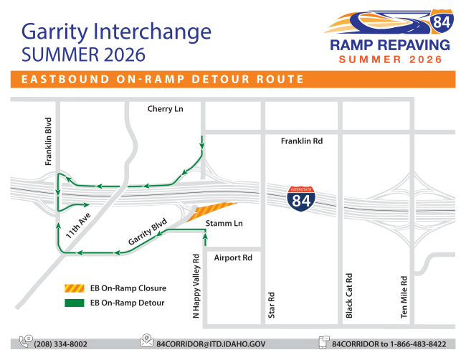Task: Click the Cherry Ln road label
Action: point(165,109)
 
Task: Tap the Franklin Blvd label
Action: point(48,141)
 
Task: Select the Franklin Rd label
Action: point(302,141)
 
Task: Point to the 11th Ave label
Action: point(78,226)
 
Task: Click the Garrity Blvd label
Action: point(148,232)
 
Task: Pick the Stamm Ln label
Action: point(224,223)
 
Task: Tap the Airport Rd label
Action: point(233,257)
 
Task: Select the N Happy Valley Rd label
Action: point(196,286)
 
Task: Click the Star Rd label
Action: point(271,305)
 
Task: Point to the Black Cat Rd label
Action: point(349,295)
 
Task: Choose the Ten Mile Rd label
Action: point(404,297)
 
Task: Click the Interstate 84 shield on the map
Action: point(301,199)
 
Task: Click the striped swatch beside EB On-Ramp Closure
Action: point(75,288)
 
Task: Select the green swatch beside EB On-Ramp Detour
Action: point(75,303)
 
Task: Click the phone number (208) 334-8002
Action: point(61,344)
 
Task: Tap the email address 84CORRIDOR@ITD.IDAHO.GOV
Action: point(211,344)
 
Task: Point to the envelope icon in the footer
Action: point(147,341)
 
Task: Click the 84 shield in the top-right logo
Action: point(442,21)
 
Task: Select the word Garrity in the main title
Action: point(54,32)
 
